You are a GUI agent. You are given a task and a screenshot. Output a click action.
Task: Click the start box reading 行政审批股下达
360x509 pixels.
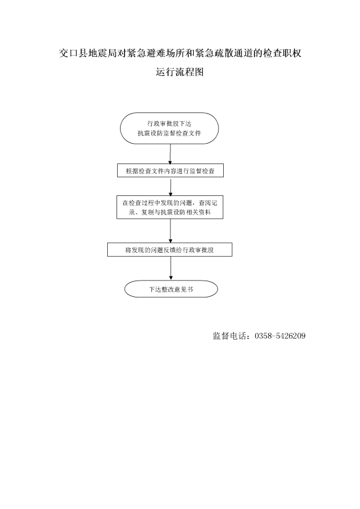[169, 128]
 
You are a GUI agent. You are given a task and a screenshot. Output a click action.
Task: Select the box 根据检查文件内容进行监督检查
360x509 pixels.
[170, 170]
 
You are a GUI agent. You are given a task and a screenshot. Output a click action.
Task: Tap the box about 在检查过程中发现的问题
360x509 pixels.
[170, 207]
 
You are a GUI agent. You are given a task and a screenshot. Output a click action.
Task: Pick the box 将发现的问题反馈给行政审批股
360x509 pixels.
[170, 250]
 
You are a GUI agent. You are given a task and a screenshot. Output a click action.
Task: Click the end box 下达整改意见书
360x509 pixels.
[171, 289]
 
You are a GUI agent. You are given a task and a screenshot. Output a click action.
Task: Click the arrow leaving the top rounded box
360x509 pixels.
[170, 154]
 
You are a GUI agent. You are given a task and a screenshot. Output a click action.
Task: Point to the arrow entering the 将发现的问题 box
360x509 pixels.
[170, 231]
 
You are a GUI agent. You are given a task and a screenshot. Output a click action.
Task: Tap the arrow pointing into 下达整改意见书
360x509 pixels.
[171, 268]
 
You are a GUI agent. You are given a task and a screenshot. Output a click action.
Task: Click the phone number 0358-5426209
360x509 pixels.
[280, 336]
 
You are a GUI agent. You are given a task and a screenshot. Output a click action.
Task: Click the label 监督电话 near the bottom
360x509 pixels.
[229, 336]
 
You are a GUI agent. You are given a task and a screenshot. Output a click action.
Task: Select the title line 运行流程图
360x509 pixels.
[180, 72]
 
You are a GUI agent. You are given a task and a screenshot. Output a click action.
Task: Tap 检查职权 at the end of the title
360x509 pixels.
[282, 53]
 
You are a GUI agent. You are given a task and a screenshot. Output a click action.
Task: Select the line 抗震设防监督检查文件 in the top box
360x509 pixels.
[169, 133]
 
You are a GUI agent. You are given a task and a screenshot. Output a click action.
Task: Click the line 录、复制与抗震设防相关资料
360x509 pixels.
[170, 212]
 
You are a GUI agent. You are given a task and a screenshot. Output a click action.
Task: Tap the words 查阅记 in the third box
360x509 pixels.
[208, 203]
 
